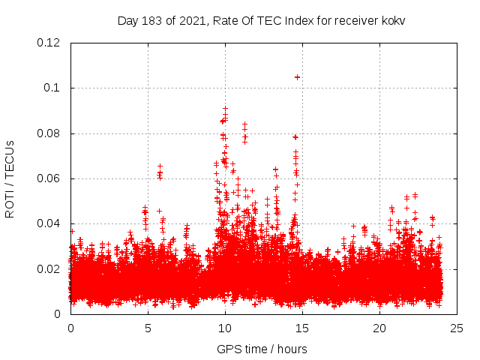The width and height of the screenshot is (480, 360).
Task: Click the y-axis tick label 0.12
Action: click(x=49, y=43)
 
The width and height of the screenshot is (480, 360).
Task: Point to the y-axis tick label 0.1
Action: click(x=52, y=88)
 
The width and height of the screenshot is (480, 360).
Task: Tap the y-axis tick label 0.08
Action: click(x=49, y=133)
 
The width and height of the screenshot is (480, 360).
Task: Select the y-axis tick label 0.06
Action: click(x=49, y=178)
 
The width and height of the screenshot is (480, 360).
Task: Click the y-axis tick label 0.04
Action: click(x=49, y=223)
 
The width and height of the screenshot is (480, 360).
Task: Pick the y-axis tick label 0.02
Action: click(x=49, y=269)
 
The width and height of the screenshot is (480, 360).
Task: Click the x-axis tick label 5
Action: click(x=148, y=328)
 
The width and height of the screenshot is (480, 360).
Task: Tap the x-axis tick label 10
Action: click(x=225, y=328)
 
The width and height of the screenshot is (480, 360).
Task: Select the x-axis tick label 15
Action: click(x=302, y=328)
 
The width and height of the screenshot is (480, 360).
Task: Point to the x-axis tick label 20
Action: click(x=379, y=328)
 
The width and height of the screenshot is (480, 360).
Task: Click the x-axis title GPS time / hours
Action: click(x=262, y=349)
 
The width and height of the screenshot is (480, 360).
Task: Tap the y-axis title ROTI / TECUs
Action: click(x=10, y=178)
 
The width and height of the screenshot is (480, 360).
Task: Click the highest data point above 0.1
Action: click(x=297, y=76)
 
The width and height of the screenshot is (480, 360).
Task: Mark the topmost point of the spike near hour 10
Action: click(x=225, y=108)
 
